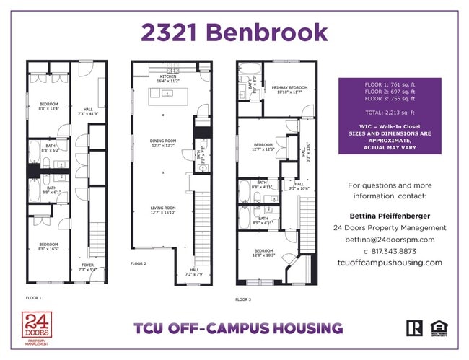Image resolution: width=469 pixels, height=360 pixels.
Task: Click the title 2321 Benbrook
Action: point(234,32)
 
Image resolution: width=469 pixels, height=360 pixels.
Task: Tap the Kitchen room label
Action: point(168,78)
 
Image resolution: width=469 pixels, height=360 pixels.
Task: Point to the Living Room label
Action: point(163,210)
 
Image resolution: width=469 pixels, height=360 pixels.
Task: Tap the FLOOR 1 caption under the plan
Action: point(33,297)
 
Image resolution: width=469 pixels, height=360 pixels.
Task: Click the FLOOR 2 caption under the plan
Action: point(139,264)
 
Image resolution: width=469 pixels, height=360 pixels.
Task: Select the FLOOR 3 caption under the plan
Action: point(243,299)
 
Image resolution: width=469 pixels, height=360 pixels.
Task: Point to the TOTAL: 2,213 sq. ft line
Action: point(390,114)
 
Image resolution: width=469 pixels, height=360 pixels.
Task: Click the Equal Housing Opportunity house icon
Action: point(437,328)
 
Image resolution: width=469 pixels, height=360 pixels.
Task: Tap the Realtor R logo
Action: point(414,328)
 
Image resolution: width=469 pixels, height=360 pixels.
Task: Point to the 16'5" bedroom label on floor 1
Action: point(48,246)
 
